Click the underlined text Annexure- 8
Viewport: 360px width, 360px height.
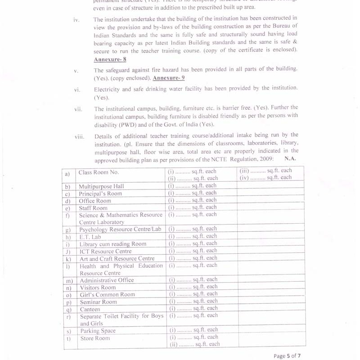(x=110, y=59)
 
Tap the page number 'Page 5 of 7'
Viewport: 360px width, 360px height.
(x=287, y=356)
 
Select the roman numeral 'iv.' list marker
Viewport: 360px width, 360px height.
(x=76, y=20)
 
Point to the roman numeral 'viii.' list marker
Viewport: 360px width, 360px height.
(x=79, y=136)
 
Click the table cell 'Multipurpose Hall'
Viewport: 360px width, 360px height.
(x=101, y=186)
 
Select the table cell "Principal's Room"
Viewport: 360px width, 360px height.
(x=100, y=193)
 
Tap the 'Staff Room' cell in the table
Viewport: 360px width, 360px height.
(x=93, y=208)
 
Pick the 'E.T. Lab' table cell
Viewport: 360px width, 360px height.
(x=90, y=237)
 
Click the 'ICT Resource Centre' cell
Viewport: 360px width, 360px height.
(x=105, y=251)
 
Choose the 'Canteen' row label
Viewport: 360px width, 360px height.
(x=90, y=309)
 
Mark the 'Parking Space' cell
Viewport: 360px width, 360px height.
(x=98, y=331)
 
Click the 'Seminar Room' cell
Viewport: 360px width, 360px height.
(x=98, y=302)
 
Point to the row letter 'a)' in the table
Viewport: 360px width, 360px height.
(x=67, y=173)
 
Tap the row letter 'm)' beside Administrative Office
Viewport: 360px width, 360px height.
(x=69, y=280)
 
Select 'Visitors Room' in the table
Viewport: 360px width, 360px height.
(x=98, y=288)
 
